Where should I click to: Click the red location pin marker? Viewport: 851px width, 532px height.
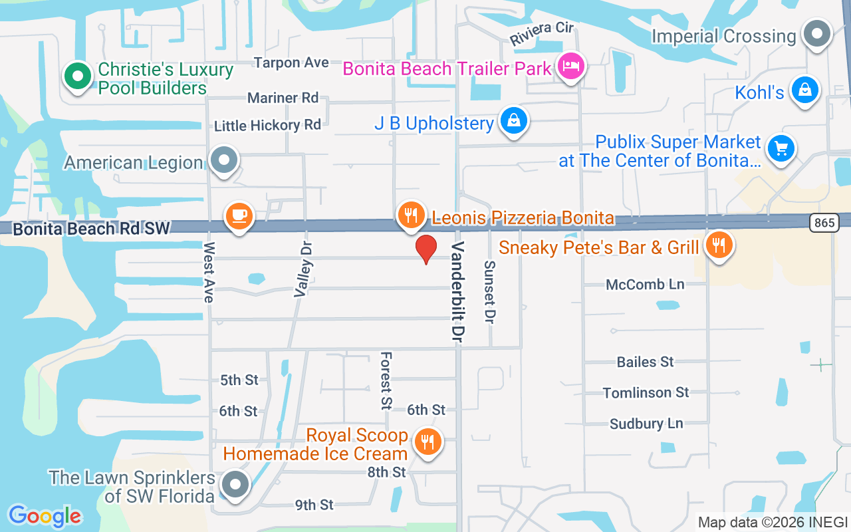425,249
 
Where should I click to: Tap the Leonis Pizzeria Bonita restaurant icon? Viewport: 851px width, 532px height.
412,215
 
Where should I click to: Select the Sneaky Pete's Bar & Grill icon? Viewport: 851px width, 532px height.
717,245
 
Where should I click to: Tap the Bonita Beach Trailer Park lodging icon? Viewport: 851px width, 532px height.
571,66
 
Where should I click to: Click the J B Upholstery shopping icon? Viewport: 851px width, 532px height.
514,120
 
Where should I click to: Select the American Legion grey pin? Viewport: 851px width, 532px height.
223,160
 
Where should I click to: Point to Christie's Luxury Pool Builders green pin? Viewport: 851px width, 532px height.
78,76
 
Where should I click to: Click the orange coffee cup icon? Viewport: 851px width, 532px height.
239,215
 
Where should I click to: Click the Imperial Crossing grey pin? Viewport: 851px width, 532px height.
816,33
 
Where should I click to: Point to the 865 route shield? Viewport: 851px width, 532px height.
824,223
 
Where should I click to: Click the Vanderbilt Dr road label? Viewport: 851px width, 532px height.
458,293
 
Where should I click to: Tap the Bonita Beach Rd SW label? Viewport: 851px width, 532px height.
92,228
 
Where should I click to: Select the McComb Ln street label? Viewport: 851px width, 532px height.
645,285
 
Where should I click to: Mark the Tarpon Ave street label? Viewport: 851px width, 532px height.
291,63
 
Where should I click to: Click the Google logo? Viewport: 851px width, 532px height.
45,516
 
